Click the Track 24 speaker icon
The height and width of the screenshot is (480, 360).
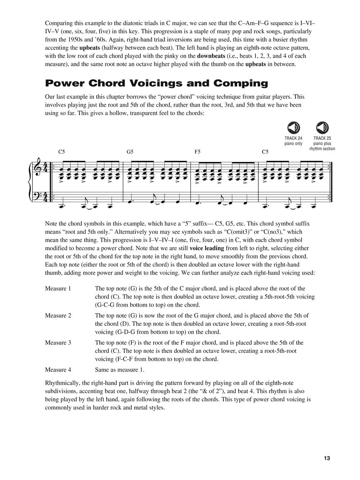click(293, 127)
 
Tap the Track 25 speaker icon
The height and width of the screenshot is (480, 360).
click(322, 127)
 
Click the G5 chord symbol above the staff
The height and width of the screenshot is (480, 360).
click(130, 152)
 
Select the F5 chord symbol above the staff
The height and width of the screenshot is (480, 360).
click(198, 152)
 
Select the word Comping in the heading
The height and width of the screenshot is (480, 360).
click(241, 83)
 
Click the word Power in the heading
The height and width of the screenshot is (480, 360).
click(64, 83)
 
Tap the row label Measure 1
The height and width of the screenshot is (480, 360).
click(58, 288)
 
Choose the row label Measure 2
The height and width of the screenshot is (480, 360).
click(58, 315)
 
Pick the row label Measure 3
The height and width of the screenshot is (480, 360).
click(58, 342)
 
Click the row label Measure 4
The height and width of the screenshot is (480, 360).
click(58, 370)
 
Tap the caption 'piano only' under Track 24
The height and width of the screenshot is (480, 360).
click(293, 144)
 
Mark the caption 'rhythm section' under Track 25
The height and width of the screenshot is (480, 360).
click(322, 149)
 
